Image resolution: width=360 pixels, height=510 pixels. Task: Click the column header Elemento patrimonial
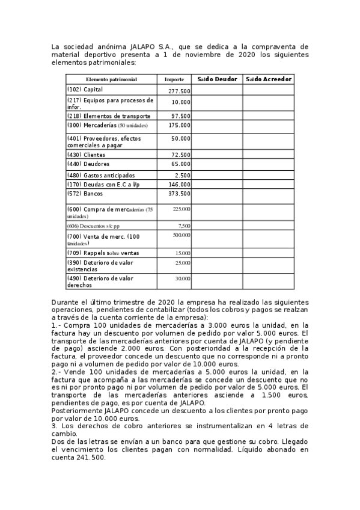click(x=111, y=79)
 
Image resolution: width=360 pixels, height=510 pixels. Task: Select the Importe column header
click(x=174, y=79)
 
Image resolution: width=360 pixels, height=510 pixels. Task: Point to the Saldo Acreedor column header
click(x=268, y=79)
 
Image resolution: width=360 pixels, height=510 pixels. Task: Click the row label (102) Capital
click(x=85, y=90)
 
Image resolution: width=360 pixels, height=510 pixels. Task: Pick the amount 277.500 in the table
click(x=180, y=91)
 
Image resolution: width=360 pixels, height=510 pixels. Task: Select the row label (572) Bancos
click(x=85, y=194)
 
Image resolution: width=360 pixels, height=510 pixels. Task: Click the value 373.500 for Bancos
click(x=180, y=194)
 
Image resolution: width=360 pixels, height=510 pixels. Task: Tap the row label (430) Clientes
click(x=87, y=155)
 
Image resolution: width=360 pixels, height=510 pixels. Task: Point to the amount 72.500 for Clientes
click(x=181, y=155)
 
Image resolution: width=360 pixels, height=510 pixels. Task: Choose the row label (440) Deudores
click(x=88, y=164)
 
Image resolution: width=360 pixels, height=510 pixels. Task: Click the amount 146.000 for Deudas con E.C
click(x=180, y=185)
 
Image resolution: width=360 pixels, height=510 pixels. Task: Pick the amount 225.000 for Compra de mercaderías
click(x=182, y=209)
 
